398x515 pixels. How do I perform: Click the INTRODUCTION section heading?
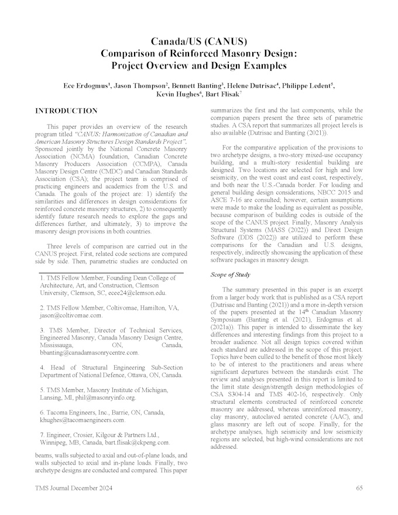point(66,111)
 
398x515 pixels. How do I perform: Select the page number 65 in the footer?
point(359,487)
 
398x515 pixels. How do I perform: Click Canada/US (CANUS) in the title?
point(199,42)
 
